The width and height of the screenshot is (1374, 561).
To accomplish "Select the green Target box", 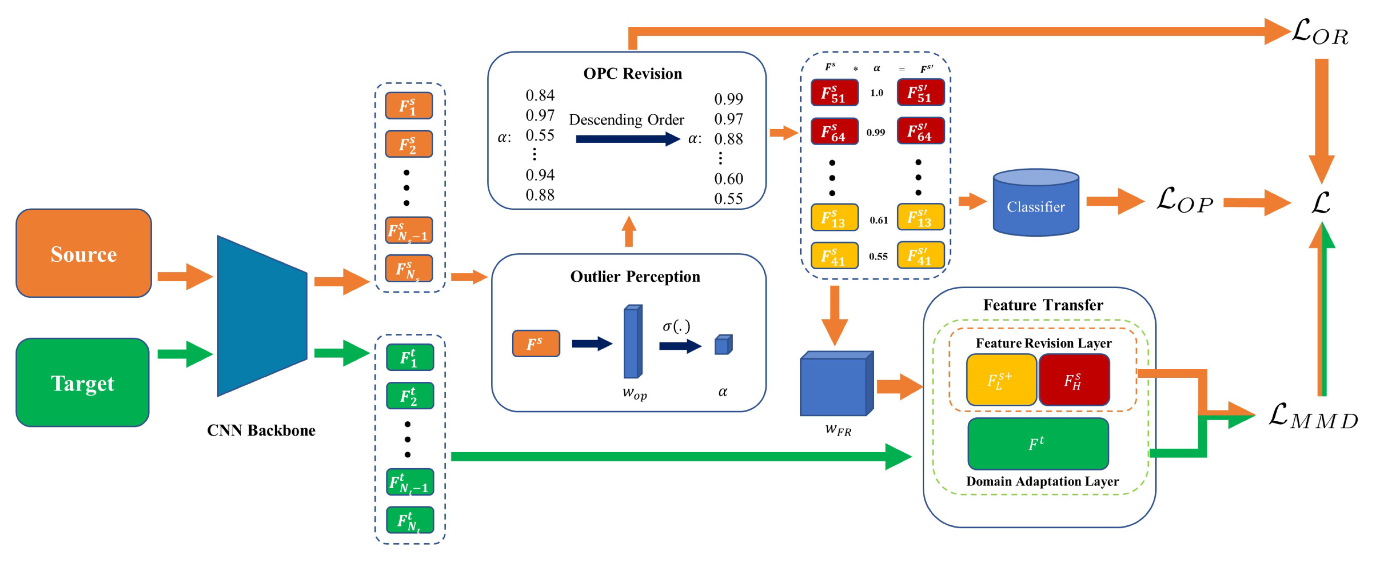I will (83, 382).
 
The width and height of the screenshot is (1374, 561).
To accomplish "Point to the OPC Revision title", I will (632, 73).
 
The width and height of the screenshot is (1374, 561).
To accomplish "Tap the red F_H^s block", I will (1074, 380).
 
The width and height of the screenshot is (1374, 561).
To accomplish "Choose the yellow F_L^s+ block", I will (1001, 380).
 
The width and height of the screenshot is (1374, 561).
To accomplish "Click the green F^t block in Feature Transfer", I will (1037, 443).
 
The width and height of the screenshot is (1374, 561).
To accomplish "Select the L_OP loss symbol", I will (1184, 201).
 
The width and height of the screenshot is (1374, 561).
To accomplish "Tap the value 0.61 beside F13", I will (878, 220).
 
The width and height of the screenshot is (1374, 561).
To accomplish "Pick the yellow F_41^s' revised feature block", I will (920, 255).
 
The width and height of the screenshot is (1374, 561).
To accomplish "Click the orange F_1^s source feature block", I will (409, 106).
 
